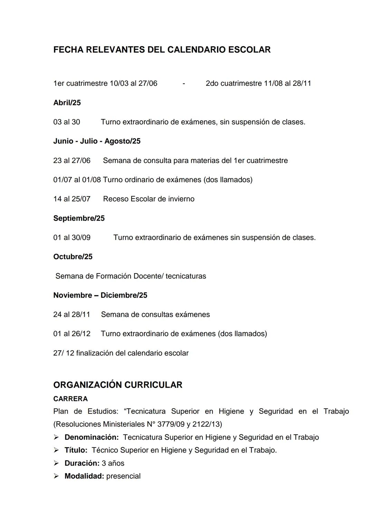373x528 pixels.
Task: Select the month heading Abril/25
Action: click(67, 103)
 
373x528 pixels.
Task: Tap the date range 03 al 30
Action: click(67, 122)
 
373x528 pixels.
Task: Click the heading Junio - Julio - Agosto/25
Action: click(97, 141)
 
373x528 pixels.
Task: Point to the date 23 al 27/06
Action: click(72, 160)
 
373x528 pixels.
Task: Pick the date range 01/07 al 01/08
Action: click(77, 180)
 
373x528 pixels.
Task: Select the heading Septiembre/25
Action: click(79, 218)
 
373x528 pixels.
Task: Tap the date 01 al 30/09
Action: click(72, 238)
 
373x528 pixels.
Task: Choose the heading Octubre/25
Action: click(73, 257)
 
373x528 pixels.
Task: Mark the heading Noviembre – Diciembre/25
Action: click(100, 295)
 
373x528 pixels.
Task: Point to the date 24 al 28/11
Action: click(71, 315)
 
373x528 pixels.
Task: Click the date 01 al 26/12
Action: click(72, 334)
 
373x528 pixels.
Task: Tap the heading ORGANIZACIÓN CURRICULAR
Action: click(118, 385)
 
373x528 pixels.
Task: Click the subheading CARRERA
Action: click(70, 399)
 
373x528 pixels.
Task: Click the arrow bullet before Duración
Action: click(56, 463)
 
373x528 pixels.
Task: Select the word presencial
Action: click(123, 476)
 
